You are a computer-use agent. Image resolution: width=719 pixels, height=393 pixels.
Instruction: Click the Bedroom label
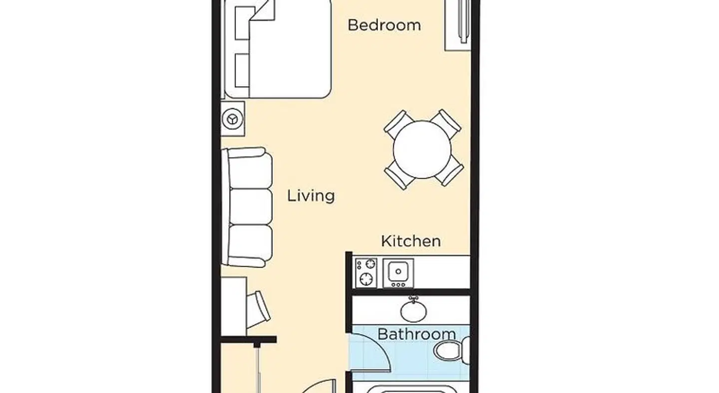tap(384, 25)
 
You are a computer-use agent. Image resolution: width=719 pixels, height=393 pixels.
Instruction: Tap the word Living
tap(311, 196)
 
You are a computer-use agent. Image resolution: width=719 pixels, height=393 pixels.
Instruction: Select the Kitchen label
tap(411, 241)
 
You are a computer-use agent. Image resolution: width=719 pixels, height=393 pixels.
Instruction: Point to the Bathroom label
tap(416, 334)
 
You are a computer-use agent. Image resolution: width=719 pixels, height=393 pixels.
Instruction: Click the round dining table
tap(422, 150)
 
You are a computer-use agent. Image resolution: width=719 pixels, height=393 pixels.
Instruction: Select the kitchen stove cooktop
tap(366, 272)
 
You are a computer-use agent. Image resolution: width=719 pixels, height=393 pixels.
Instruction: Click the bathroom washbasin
tap(413, 310)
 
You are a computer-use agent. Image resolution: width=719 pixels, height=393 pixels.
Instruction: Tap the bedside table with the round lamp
tap(233, 119)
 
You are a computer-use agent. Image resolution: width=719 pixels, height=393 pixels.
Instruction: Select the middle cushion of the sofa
tap(251, 207)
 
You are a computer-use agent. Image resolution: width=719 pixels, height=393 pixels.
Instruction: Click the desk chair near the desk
tap(259, 309)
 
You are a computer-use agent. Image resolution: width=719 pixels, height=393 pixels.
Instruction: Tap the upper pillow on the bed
tap(242, 23)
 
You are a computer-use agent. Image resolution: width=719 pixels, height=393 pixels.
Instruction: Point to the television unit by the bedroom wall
tap(458, 25)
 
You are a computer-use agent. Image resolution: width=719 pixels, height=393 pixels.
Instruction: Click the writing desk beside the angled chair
tap(234, 306)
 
